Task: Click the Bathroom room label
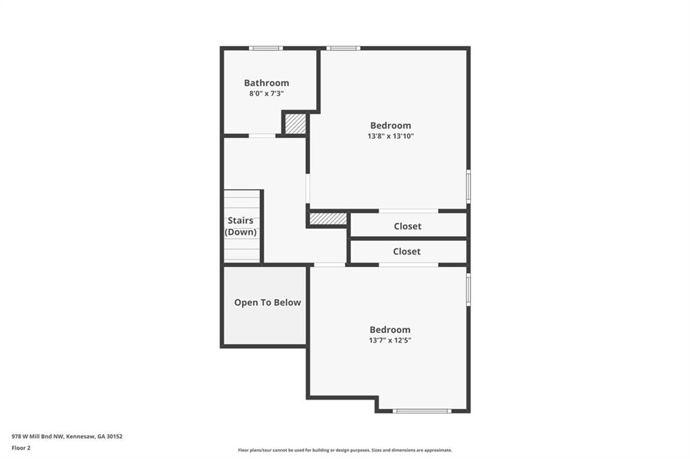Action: click(x=266, y=83)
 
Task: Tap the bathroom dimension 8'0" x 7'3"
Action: click(x=266, y=93)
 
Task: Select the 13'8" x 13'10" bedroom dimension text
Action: click(x=390, y=136)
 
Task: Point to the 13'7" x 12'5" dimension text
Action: click(x=390, y=340)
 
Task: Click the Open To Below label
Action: click(x=267, y=302)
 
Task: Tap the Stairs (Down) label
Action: click(x=241, y=226)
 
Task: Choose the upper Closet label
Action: click(x=408, y=226)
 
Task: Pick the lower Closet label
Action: click(x=406, y=251)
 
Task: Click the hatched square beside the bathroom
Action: click(x=295, y=124)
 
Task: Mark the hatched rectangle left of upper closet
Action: click(x=328, y=219)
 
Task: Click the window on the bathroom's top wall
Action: click(x=265, y=48)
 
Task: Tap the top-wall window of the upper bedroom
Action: click(x=343, y=48)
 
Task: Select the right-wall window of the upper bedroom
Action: click(x=468, y=186)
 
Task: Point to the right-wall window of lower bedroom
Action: click(x=468, y=289)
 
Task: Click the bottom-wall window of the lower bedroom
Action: click(x=422, y=411)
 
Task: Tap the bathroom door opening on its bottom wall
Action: click(x=262, y=136)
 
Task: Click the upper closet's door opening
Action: click(x=409, y=211)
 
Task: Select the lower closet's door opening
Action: click(x=409, y=264)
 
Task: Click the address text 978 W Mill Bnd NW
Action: click(x=38, y=437)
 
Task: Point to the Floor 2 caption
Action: click(x=21, y=448)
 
